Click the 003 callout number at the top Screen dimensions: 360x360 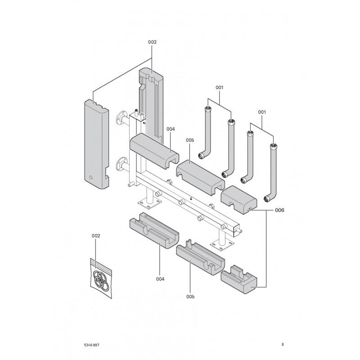coord(152,42)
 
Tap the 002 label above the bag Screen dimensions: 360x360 coord(96,235)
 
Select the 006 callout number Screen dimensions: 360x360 coord(279,210)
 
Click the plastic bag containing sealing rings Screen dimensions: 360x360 coord(100,279)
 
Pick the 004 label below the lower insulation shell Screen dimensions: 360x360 coord(160,279)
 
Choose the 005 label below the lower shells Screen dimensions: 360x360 coord(190,297)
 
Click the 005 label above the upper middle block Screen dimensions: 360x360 coord(189,140)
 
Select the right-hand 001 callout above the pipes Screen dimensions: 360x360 coord(261,112)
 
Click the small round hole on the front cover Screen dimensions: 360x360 coord(90,178)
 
